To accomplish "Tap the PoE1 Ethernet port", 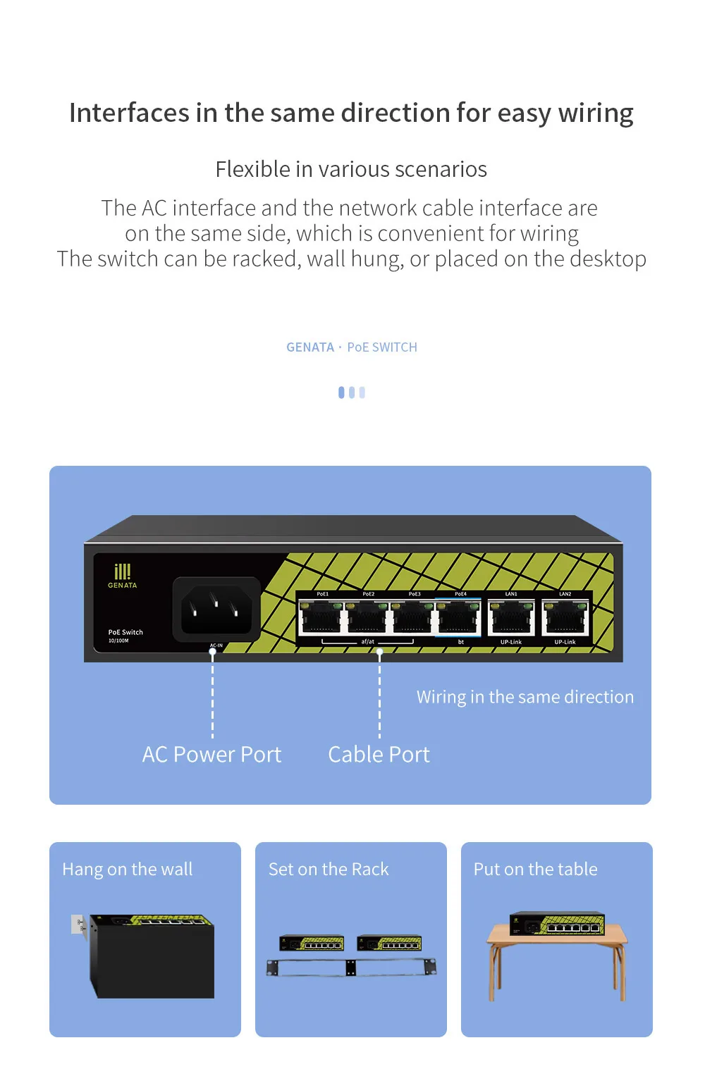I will [x=321, y=618].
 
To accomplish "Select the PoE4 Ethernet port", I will [x=459, y=618].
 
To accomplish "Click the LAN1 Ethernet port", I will [x=511, y=618].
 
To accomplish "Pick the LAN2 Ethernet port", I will [x=565, y=618].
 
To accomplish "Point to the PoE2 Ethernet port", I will [x=367, y=618].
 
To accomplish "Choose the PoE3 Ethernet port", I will [x=413, y=618].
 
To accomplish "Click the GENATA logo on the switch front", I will [x=123, y=576].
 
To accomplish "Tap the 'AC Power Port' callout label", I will [x=211, y=755].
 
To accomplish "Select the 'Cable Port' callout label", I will [x=379, y=755].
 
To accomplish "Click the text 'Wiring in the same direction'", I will [x=525, y=697].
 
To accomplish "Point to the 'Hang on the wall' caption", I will [x=127, y=870].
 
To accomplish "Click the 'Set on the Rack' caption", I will [x=329, y=870].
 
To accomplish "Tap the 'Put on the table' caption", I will [x=535, y=870].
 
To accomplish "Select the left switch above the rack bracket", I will [x=312, y=943].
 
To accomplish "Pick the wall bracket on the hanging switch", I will [x=79, y=925].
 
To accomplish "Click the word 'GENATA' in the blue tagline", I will [x=310, y=347].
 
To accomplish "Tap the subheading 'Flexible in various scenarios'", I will [x=351, y=170].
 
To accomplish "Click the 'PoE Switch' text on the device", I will [x=125, y=632].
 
